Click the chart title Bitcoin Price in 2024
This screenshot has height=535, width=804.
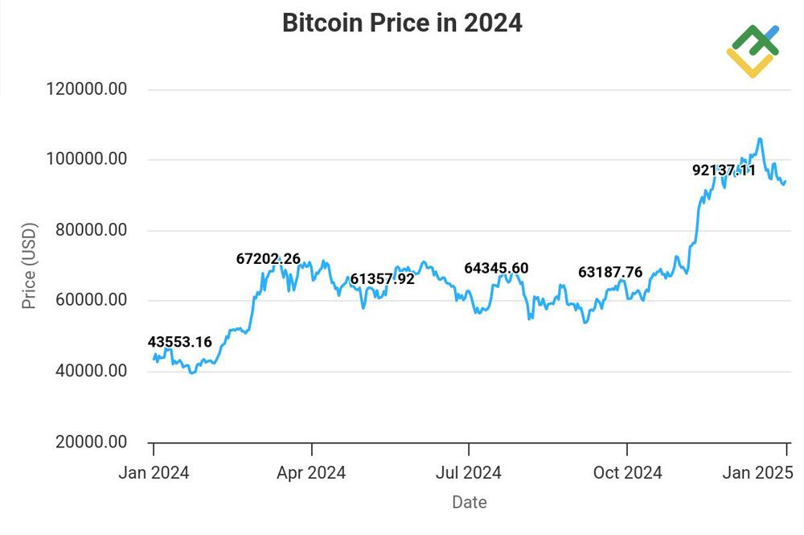tap(402, 23)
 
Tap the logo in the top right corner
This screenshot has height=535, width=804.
tap(753, 51)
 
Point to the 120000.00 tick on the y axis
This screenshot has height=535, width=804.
tap(88, 89)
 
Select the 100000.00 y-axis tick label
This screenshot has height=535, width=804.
tap(88, 159)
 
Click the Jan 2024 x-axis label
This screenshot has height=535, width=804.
tap(154, 473)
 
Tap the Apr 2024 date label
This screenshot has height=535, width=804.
tap(311, 473)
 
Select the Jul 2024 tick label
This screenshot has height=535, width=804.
tap(469, 473)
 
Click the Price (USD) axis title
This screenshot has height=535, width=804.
tap(29, 266)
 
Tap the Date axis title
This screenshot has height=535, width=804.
tap(469, 503)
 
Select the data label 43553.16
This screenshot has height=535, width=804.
tap(180, 342)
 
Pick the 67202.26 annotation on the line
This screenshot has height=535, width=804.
tap(268, 258)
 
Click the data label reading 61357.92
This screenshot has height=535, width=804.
tap(382, 279)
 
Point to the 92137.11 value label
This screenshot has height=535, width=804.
tap(724, 170)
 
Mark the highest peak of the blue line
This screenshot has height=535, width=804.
tap(760, 139)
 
